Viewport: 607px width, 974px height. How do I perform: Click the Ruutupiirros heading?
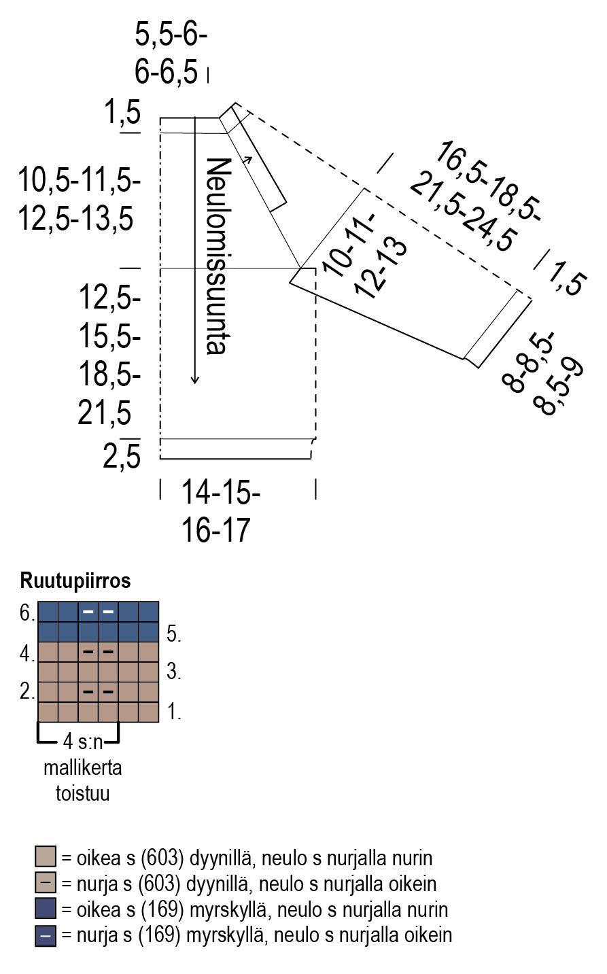click(x=75, y=581)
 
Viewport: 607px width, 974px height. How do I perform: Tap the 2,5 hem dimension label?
click(x=122, y=457)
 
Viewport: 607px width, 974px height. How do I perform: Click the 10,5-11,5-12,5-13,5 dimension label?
click(x=79, y=201)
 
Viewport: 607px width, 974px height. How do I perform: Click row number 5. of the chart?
click(x=173, y=633)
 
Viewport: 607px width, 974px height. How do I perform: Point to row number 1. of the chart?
click(x=173, y=712)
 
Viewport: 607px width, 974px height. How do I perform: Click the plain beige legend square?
click(x=45, y=856)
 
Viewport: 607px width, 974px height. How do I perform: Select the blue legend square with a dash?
click(x=45, y=936)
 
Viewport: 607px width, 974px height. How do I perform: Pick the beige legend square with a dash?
click(x=45, y=883)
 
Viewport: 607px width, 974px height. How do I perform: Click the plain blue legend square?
click(x=45, y=909)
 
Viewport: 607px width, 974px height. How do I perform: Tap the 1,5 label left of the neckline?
click(x=122, y=113)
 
